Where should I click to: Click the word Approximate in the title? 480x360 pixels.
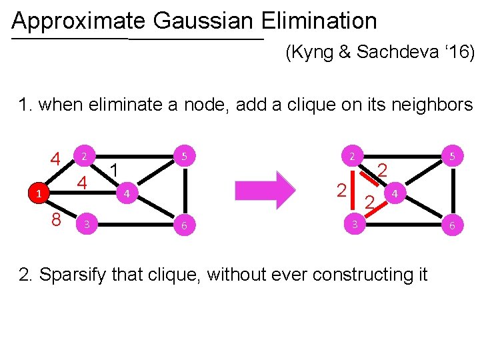tap(79, 22)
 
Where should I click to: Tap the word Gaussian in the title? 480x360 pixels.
tap(203, 22)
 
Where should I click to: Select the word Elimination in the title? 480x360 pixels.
tap(319, 22)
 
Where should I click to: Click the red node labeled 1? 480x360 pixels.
tap(39, 194)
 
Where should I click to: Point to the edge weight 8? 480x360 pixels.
tap(57, 220)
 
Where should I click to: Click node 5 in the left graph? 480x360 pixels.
tap(184, 157)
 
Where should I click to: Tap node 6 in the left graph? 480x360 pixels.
tap(184, 226)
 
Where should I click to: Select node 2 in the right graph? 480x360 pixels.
tap(351, 157)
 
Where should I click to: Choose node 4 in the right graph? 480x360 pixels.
tap(395, 194)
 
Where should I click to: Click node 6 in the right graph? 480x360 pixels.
tap(451, 226)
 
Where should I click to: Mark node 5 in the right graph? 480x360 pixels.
tap(451, 157)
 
